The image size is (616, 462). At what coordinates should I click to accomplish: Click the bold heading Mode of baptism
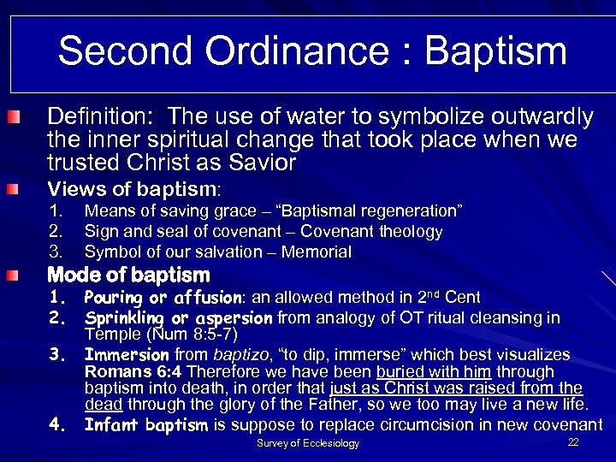click(128, 275)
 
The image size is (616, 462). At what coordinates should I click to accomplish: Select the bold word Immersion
click(127, 354)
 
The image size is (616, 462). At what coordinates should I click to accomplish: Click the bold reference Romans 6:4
click(133, 372)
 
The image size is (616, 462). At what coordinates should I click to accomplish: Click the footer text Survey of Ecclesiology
click(308, 443)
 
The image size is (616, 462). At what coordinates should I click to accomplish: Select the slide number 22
click(573, 441)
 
